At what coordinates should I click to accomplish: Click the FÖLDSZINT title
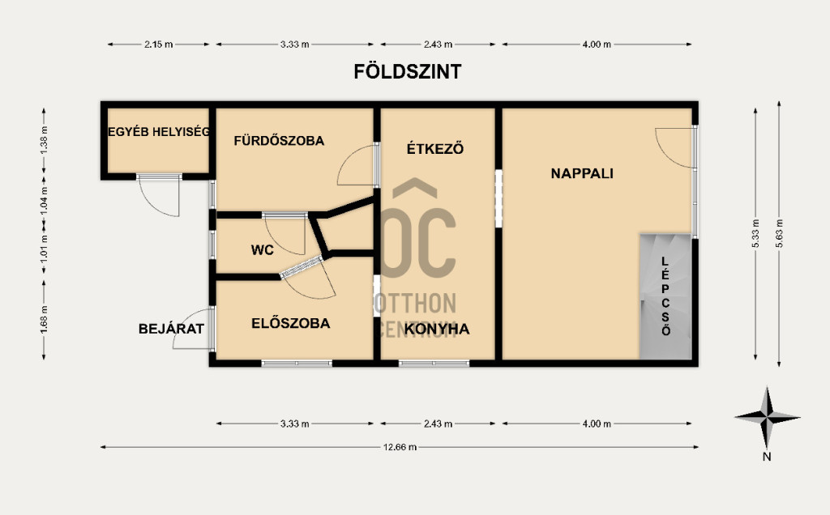tap(408, 71)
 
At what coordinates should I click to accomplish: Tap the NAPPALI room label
tap(582, 173)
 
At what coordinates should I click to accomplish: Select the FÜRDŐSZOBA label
tap(279, 141)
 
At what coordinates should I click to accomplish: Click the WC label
tap(262, 249)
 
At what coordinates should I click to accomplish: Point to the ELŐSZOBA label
tap(291, 323)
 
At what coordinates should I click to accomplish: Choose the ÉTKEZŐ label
tap(435, 148)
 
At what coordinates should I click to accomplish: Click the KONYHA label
tap(437, 329)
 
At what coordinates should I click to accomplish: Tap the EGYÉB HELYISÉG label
tap(159, 132)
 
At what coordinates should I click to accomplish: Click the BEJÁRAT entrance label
tap(171, 329)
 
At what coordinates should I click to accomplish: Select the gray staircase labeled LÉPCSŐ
tap(665, 296)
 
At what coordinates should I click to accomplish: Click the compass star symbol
tap(767, 417)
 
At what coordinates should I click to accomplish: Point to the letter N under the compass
tap(767, 457)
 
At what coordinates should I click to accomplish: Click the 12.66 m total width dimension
tap(400, 447)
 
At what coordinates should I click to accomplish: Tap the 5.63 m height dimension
tap(779, 233)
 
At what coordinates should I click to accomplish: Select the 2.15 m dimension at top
tap(158, 45)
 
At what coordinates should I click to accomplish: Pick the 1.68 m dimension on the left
tap(44, 320)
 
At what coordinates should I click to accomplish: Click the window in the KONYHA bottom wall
tap(434, 364)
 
